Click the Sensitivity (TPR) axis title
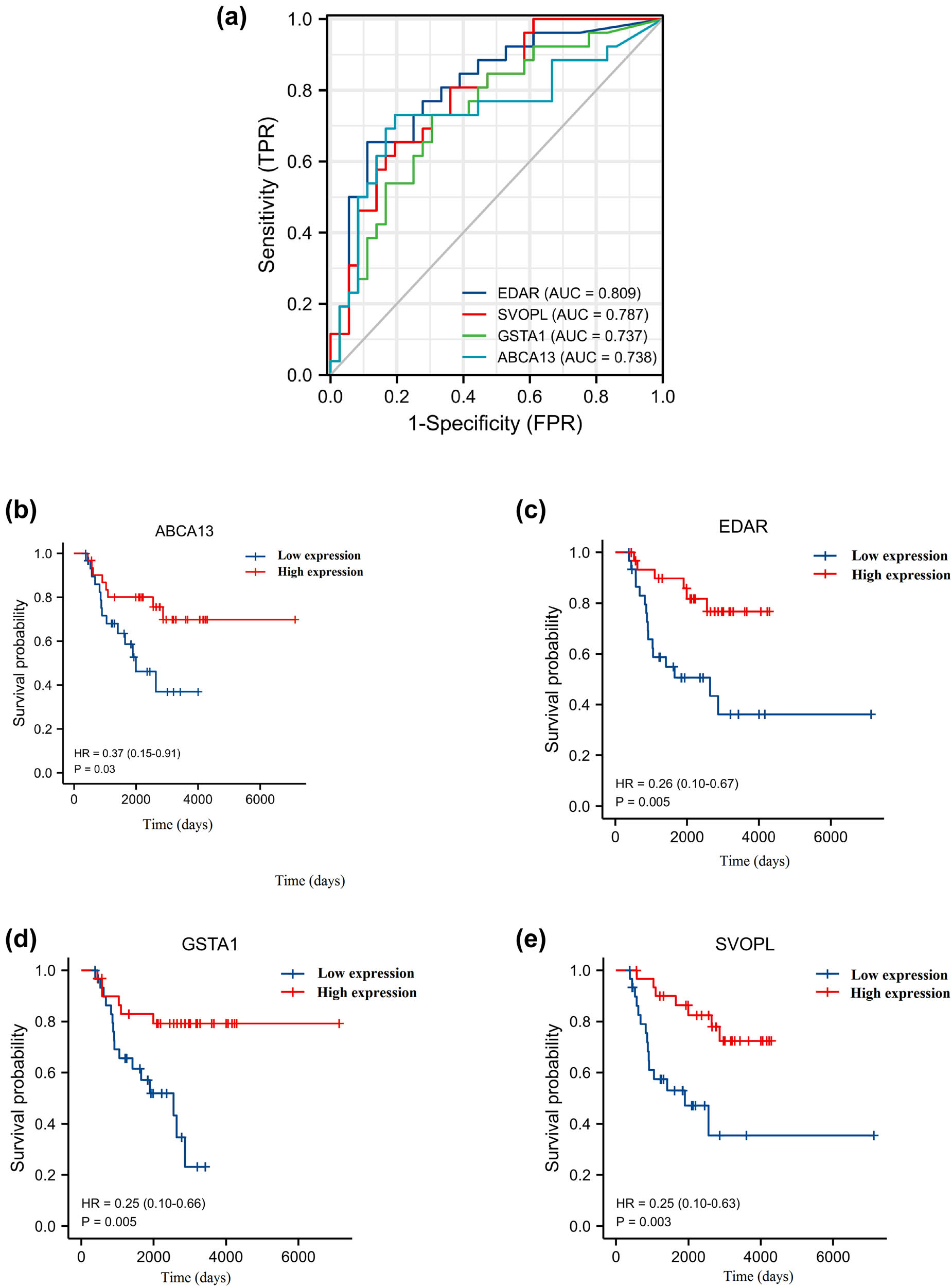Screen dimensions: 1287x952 click(x=267, y=195)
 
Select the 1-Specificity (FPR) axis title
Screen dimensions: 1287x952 click(x=495, y=424)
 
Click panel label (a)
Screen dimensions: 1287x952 click(x=232, y=19)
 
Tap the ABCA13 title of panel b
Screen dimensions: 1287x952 click(x=184, y=531)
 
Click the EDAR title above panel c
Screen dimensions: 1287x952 click(x=743, y=527)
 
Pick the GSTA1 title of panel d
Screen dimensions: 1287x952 click(x=210, y=944)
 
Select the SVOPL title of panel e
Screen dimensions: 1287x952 click(x=745, y=944)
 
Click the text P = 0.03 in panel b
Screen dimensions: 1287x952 click(x=95, y=769)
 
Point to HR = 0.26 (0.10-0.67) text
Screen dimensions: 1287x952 click(x=677, y=783)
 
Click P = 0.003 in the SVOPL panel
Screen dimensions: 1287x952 click(x=643, y=1222)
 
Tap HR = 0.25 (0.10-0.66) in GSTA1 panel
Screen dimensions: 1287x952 click(x=143, y=1203)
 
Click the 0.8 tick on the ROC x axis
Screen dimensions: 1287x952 click(x=596, y=396)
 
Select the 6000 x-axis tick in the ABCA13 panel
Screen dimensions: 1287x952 click(x=260, y=799)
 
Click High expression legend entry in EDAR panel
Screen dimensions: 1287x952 click(x=900, y=575)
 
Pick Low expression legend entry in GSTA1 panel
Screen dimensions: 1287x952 click(x=365, y=973)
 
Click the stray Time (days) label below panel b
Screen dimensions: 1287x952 click(x=310, y=881)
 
